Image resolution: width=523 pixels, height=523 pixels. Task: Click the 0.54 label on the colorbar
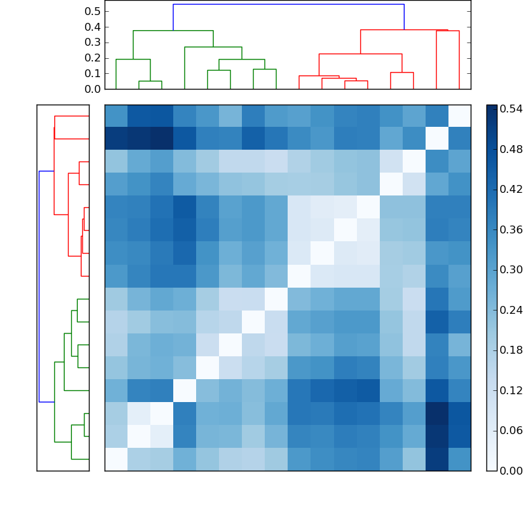coord(511,109)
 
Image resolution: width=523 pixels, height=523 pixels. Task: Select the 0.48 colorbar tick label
coord(511,150)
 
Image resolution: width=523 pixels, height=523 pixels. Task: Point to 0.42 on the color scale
coord(511,190)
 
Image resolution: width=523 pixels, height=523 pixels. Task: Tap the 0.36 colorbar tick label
coord(511,229)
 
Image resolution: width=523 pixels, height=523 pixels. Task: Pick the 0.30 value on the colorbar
coord(511,270)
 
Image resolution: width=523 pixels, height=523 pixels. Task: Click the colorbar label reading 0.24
coord(511,310)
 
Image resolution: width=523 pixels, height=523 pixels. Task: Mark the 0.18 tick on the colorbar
coord(511,350)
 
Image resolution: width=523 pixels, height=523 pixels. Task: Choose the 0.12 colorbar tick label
coord(511,390)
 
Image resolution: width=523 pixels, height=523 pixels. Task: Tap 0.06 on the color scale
coord(511,430)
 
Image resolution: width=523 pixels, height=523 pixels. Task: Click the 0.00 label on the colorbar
coord(511,471)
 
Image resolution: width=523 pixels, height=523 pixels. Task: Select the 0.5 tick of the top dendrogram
coord(93,11)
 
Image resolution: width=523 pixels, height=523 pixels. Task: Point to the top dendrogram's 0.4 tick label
coord(93,27)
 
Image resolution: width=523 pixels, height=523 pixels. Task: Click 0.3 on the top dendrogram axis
coord(93,42)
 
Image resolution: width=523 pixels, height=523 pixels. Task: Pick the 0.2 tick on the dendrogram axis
coord(93,58)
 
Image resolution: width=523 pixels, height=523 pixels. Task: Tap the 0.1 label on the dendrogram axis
coord(93,73)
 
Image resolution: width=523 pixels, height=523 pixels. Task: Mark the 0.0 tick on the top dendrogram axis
coord(93,89)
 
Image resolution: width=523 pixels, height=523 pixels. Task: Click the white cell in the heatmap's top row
coord(459,116)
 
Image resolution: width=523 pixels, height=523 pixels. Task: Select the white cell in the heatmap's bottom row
coord(116,459)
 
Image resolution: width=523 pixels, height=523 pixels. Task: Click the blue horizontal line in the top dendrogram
coord(288,5)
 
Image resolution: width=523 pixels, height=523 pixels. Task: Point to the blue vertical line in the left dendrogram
coord(39,286)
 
